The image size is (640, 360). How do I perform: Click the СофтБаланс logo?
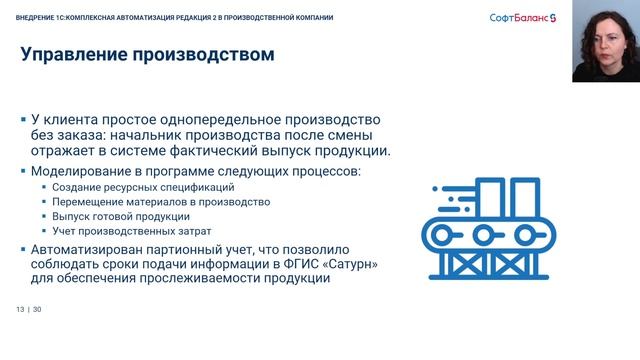[528, 18]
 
